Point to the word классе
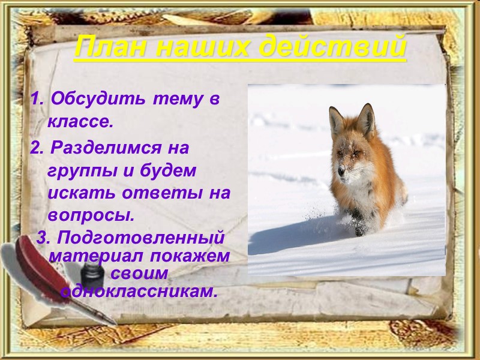[80, 122]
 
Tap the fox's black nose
[341, 173]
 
